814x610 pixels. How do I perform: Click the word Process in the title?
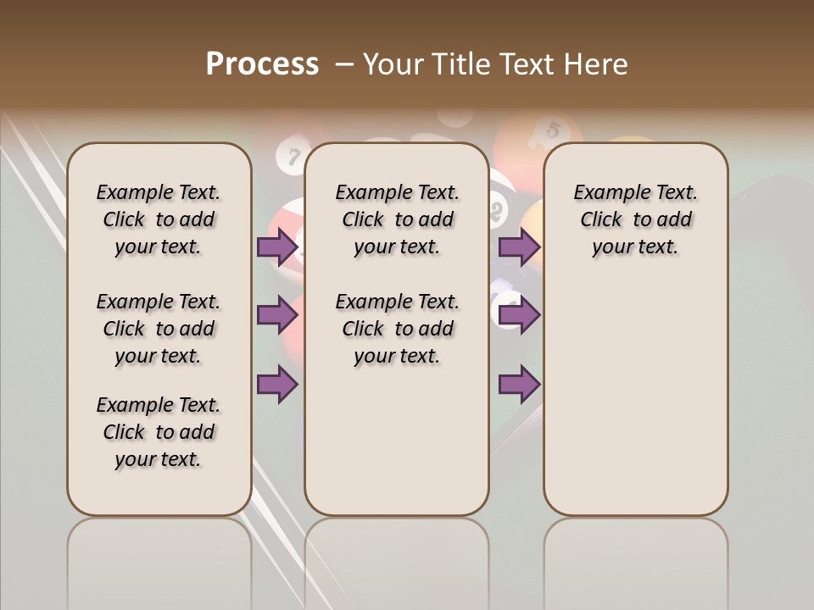262,64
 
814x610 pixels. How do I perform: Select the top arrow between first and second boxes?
276,247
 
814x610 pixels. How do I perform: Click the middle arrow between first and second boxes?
276,315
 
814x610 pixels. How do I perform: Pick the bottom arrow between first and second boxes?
276,384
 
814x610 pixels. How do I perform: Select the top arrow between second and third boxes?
519,247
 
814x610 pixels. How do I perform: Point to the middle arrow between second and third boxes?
519,315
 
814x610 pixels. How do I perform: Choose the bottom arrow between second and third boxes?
519,384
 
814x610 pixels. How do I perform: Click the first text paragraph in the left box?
159,219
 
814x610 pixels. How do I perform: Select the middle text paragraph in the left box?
159,329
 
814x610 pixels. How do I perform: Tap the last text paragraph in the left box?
159,432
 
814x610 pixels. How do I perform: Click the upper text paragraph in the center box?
397,219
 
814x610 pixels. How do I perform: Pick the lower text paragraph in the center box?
397,329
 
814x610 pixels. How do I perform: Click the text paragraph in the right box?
636,219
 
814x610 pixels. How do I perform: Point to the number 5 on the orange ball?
554,130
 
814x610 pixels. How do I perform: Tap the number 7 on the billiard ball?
294,157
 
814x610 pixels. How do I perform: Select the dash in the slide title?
344,64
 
